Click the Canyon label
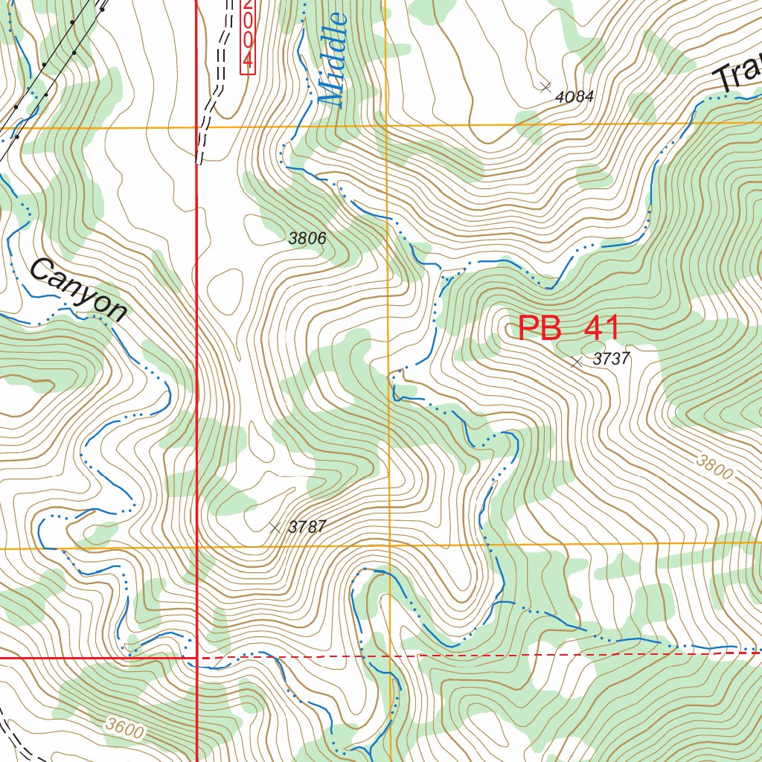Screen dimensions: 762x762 tap(79, 290)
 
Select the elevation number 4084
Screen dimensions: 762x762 tap(574, 96)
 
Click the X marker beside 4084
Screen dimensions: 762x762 tap(545, 86)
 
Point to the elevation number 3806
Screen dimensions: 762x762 tap(307, 238)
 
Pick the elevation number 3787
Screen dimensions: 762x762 tap(307, 527)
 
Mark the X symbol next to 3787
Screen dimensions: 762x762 tap(275, 527)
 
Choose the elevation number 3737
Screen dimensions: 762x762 tap(611, 359)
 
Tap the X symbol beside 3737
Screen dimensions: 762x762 tap(577, 362)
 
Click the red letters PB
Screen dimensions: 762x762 tap(540, 328)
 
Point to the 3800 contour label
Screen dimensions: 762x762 tap(714, 467)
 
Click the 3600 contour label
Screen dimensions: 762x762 tap(124, 727)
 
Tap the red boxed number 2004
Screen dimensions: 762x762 tap(248, 36)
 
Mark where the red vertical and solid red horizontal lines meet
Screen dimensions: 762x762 tap(196, 658)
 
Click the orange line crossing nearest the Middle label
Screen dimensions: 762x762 tap(387, 126)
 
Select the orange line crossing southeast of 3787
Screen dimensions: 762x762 tap(389, 546)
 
